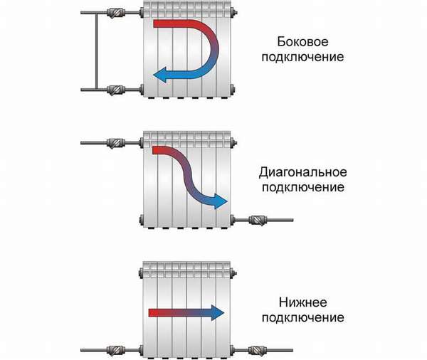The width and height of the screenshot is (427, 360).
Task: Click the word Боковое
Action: click(302, 42)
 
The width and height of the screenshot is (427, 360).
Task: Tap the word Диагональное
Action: click(303, 172)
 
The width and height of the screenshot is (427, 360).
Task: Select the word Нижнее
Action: click(303, 302)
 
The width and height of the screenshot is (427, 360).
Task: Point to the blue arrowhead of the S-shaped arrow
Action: click(221, 201)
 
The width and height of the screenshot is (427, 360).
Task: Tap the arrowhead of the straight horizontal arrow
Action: click(218, 313)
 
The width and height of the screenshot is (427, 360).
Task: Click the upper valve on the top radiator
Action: click(116, 13)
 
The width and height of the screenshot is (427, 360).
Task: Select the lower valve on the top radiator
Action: click(116, 90)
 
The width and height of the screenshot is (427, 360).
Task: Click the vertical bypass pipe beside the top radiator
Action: click(96, 51)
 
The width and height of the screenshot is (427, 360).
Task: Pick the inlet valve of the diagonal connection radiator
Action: click(116, 143)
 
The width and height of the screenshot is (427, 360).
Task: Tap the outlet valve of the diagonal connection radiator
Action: click(258, 220)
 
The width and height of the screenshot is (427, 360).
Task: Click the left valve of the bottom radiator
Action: click(116, 350)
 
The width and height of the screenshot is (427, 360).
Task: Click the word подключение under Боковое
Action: click(303, 58)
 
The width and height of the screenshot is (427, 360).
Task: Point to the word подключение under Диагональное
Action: click(303, 188)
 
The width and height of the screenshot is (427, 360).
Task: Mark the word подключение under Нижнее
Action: click(303, 318)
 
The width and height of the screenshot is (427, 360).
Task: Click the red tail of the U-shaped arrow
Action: click(169, 23)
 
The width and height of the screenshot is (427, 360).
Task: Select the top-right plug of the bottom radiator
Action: click(233, 272)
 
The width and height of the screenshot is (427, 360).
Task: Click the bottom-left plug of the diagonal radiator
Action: click(142, 220)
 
